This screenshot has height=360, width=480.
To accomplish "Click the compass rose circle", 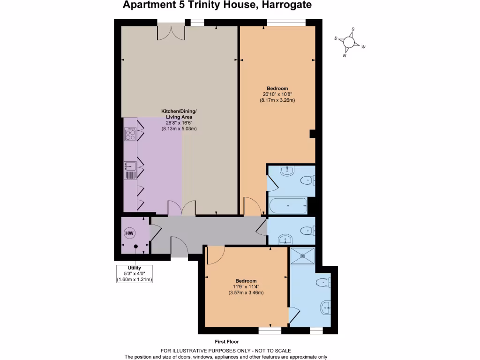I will click(x=349, y=43).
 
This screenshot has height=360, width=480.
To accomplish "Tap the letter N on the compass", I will click(x=345, y=55).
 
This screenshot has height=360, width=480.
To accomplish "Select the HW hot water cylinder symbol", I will click(x=129, y=232).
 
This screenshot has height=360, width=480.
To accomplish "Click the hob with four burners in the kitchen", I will click(x=130, y=135).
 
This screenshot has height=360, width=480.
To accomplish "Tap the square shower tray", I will click(x=303, y=256).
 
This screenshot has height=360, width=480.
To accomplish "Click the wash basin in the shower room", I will click(x=326, y=308).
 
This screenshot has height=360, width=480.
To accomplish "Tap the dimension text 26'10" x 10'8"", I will click(x=277, y=94).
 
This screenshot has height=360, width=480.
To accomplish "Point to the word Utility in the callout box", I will click(x=135, y=268).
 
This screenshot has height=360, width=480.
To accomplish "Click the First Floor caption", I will click(x=226, y=342).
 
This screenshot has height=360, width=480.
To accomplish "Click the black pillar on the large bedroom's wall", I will click(x=312, y=135).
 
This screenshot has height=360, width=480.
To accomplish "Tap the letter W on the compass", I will click(x=363, y=47).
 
